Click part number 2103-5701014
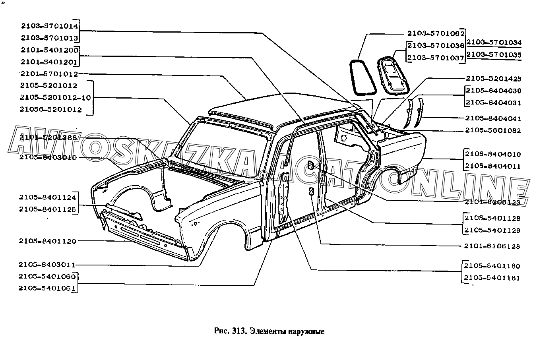click(50, 26)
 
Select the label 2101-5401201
click(50, 62)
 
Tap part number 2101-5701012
click(50, 74)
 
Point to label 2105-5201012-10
click(55, 98)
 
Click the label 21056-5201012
click(50, 110)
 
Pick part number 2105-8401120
click(47, 241)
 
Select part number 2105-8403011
click(47, 265)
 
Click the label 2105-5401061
click(47, 288)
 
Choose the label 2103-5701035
click(494, 55)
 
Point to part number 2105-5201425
click(493, 79)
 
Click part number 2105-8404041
click(493, 118)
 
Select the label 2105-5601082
click(493, 130)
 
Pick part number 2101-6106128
click(492, 246)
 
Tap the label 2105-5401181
click(492, 278)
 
